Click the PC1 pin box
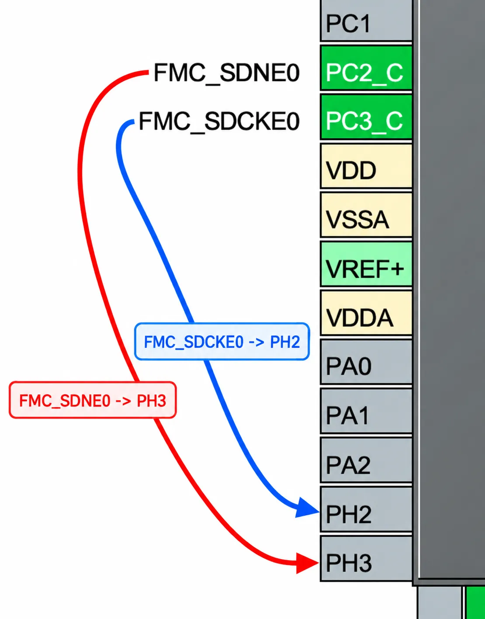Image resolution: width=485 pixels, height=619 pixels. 366,21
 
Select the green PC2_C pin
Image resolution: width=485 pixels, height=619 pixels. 366,68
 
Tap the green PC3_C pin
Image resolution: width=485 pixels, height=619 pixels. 366,117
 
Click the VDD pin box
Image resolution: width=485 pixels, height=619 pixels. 366,166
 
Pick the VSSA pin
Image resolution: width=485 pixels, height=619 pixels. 366,215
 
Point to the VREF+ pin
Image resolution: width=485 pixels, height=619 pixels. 366,264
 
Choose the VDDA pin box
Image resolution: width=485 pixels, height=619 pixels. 366,313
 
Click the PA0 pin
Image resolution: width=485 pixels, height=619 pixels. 366,362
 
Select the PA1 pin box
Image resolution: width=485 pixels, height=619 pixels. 366,411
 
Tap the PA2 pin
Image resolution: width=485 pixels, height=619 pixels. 366,460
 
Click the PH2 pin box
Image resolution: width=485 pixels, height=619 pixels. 366,509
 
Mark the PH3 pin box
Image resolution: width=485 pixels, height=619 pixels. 366,558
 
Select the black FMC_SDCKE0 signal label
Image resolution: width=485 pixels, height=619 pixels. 219,121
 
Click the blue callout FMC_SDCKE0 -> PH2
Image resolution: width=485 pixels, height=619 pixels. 222,341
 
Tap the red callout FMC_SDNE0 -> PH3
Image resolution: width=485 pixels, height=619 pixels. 93,400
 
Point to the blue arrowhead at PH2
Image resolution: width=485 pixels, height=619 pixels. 307,508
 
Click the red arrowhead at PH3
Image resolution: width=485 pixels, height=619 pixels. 307,563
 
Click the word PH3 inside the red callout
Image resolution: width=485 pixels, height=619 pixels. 151,401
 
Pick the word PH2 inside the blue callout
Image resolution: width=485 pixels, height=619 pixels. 285,342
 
